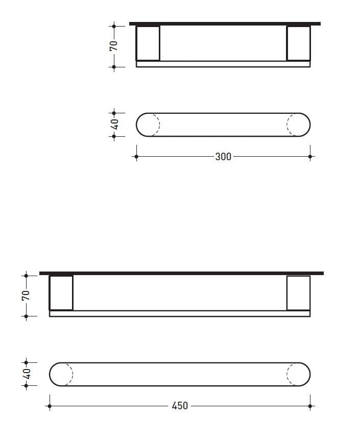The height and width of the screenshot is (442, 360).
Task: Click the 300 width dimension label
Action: coord(223,157)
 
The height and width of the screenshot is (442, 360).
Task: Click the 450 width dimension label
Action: coord(180,406)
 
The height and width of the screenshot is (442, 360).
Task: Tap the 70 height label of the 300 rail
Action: coord(114,45)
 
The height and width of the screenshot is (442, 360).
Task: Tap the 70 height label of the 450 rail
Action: coord(26,295)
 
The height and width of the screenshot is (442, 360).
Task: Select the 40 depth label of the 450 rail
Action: coord(27,374)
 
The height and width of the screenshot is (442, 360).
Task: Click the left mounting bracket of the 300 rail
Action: coord(148,43)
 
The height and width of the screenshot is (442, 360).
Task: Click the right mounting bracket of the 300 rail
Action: coord(298,43)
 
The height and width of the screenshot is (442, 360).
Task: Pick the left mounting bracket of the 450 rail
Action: coord(61,292)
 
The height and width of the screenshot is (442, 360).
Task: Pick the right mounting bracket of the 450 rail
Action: coord(298,292)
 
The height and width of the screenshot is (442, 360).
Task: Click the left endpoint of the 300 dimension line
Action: coord(136,157)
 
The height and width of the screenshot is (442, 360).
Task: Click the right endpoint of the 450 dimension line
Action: coord(310,406)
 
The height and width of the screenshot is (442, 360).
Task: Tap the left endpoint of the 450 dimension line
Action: coord(50,406)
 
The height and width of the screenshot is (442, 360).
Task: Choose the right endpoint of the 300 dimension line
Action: coord(310,157)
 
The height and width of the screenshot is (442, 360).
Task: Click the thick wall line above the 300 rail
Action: coord(225,23)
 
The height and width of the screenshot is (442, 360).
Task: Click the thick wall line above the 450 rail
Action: coord(181,273)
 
